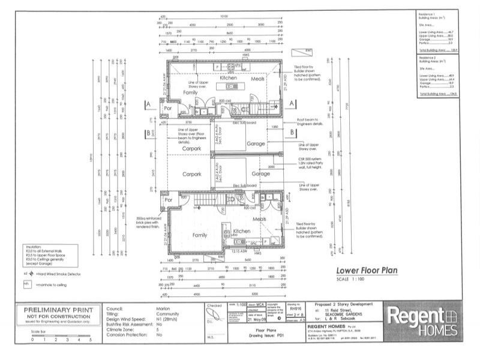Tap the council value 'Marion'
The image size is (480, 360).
tap(163, 308)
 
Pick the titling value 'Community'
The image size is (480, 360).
tap(168, 313)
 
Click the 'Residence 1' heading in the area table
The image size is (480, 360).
tap(428, 13)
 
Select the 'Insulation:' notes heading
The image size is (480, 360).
tap(34, 247)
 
